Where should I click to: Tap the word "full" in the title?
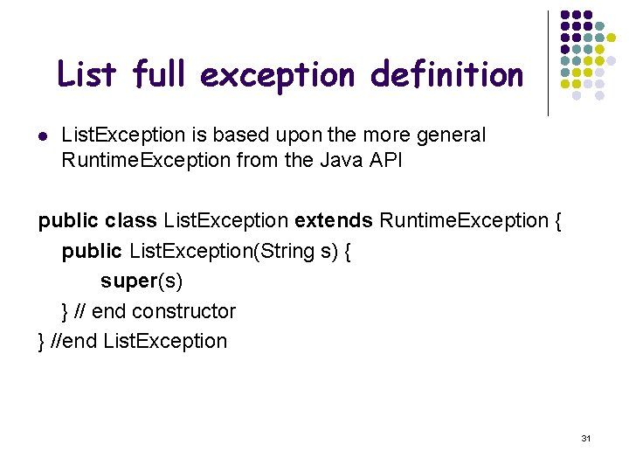point(161,75)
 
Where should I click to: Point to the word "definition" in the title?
point(446,75)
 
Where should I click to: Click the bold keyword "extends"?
point(334,220)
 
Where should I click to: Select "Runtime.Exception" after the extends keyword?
point(463,220)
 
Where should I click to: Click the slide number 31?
point(585,437)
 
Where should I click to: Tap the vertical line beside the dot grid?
point(548,63)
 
